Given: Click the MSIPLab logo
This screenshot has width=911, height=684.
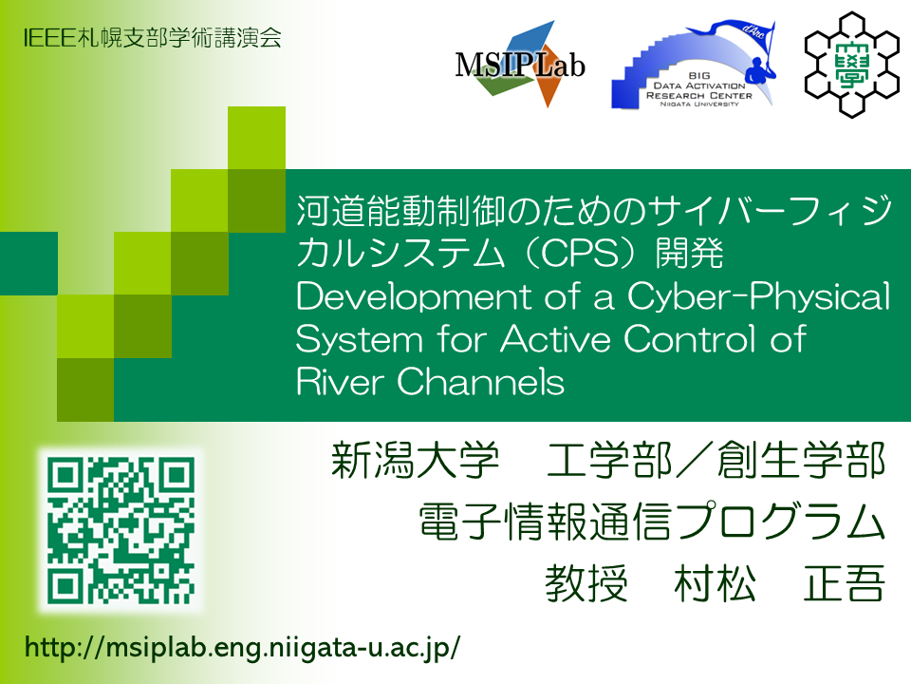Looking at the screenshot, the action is [x=520, y=64].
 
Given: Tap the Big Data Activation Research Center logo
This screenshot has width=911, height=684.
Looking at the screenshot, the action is [x=694, y=65].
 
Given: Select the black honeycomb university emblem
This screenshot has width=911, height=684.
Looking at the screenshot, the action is [x=852, y=64].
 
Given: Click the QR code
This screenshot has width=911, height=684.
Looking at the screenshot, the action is [x=121, y=530].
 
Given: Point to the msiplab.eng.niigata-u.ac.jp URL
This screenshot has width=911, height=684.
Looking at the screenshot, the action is [x=242, y=647].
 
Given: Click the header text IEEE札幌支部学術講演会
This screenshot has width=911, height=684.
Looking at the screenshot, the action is [x=152, y=38].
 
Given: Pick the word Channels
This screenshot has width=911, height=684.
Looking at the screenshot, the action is [x=480, y=382].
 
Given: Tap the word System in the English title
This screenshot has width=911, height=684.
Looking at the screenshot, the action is [x=359, y=340].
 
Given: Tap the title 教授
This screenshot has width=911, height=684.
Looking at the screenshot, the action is [x=586, y=582].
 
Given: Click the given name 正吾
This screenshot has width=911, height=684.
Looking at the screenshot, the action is [x=845, y=582].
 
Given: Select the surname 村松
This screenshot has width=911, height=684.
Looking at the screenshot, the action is [x=716, y=582].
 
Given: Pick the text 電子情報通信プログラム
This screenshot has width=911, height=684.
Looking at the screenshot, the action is [x=652, y=522].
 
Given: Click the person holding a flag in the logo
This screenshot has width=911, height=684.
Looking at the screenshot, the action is [x=757, y=68].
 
